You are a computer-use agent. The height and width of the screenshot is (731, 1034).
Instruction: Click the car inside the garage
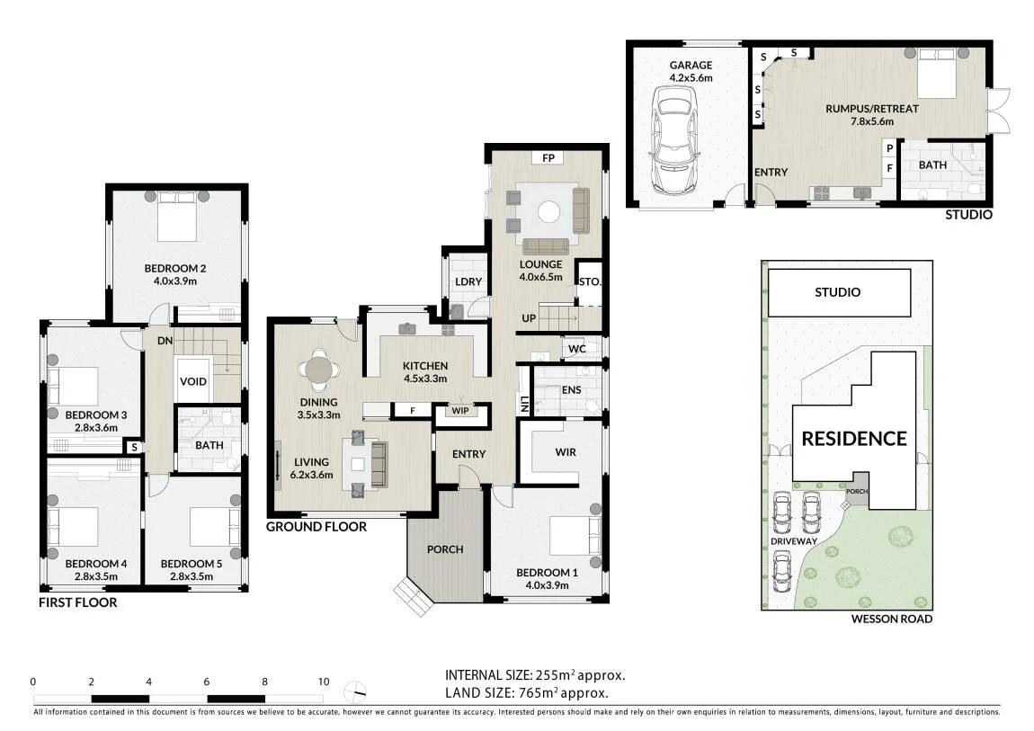click(x=674, y=139)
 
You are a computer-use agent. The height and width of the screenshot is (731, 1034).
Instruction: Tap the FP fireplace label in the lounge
click(x=548, y=157)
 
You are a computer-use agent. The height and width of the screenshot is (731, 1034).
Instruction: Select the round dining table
click(x=319, y=370)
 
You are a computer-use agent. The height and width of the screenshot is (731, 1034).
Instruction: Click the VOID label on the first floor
click(x=193, y=381)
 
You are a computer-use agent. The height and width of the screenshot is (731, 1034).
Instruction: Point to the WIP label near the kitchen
click(x=460, y=411)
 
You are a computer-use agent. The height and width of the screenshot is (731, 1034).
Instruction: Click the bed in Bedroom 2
click(x=177, y=216)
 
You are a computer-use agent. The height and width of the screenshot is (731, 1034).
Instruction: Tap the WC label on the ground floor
click(x=577, y=349)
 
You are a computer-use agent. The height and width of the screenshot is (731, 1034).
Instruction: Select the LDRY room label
click(x=468, y=281)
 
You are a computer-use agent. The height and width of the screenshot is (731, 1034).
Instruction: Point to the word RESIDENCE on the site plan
click(x=854, y=439)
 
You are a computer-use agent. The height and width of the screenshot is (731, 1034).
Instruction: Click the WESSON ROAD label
click(x=892, y=619)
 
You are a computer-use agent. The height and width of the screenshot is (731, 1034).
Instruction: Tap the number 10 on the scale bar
click(x=323, y=682)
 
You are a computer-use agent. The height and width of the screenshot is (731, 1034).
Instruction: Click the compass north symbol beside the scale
click(x=355, y=691)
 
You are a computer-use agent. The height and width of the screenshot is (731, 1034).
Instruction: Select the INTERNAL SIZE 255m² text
click(x=535, y=675)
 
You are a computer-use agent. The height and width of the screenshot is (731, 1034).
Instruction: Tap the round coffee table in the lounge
click(x=548, y=211)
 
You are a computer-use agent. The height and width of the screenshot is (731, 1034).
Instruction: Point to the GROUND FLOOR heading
click(x=316, y=527)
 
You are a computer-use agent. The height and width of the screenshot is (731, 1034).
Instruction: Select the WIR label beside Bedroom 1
click(x=566, y=452)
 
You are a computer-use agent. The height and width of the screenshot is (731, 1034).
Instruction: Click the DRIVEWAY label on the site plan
click(x=794, y=541)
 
